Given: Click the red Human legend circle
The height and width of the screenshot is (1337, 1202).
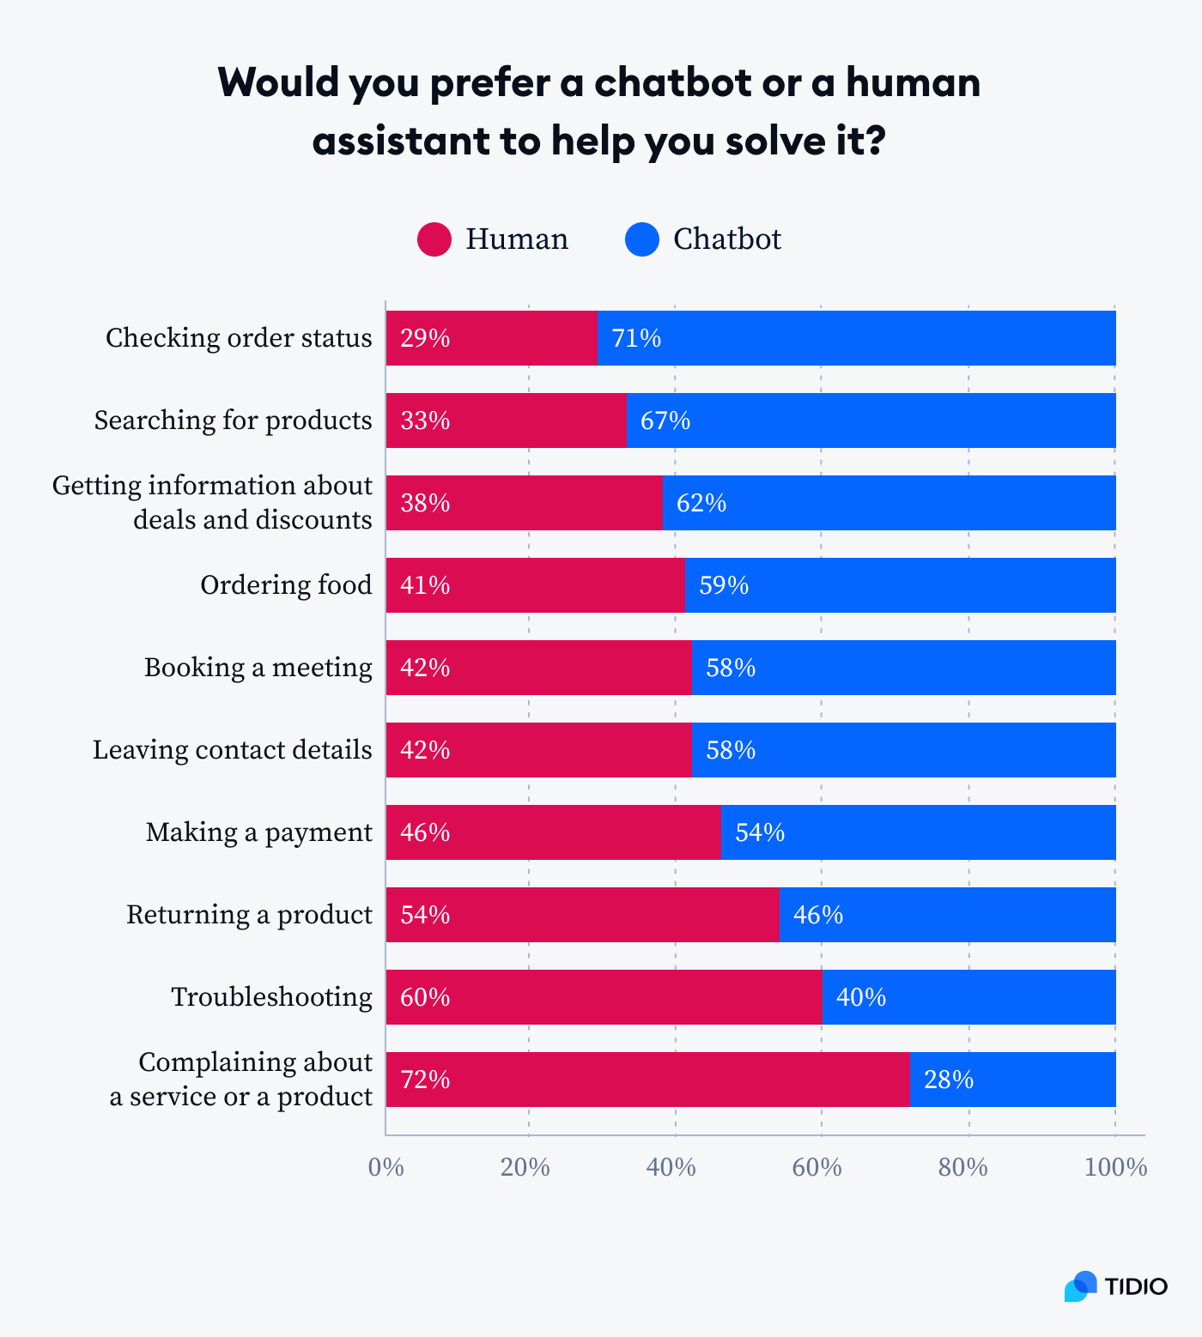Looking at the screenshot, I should [x=434, y=239].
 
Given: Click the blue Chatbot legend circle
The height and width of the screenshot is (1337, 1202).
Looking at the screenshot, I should [x=642, y=239].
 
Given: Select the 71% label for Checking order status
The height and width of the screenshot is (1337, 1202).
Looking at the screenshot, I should [x=636, y=338].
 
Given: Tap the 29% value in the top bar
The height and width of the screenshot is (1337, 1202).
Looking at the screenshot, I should [x=425, y=338].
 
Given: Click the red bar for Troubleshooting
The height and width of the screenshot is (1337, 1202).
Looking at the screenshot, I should [x=604, y=997].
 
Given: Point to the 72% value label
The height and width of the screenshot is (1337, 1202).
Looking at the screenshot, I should [x=425, y=1080].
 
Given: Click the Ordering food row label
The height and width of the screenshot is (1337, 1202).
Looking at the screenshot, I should [x=286, y=585].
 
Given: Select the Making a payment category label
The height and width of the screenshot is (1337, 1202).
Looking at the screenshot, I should [x=258, y=832].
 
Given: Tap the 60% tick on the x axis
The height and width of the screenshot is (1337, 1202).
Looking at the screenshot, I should [x=817, y=1168].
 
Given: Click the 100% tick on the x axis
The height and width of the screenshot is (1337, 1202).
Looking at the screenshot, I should [x=1115, y=1168].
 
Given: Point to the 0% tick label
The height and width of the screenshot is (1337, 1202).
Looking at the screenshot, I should [x=385, y=1168].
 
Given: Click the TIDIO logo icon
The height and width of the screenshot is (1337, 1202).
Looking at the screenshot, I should [x=1081, y=1286].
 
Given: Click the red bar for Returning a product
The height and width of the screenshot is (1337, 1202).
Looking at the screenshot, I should [x=582, y=915].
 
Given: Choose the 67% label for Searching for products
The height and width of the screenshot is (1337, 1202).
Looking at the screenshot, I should [x=665, y=420].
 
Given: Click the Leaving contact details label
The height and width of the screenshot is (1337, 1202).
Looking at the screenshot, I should [x=232, y=750].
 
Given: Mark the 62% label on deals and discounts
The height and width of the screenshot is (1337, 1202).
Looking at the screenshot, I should [x=701, y=503].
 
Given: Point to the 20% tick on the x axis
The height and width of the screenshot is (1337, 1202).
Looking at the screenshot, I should [x=525, y=1168].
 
